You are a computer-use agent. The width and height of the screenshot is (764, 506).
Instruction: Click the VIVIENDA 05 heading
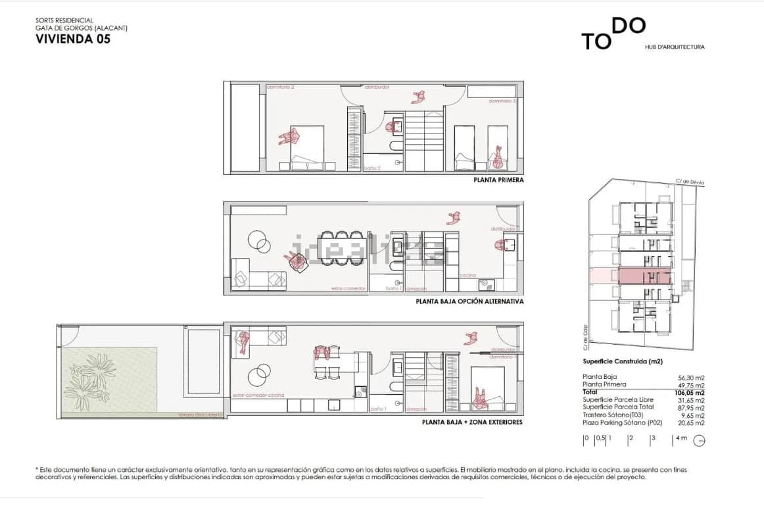72,39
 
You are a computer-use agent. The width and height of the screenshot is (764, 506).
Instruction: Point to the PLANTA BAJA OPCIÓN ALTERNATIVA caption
469,301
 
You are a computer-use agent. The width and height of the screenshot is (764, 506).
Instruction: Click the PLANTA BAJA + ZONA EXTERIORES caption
472,422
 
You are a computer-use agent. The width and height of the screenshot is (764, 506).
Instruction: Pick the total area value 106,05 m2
691,393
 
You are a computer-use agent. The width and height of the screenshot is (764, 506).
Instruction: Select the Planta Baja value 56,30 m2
691,378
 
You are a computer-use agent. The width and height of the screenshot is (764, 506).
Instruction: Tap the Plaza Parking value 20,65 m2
691,423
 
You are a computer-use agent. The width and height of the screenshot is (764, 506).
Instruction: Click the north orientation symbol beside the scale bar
700,442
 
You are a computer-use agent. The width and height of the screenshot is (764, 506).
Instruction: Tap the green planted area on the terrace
109,380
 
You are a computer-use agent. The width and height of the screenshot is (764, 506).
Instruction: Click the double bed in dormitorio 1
488,386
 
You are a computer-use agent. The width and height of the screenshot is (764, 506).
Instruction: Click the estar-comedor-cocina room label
258,395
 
